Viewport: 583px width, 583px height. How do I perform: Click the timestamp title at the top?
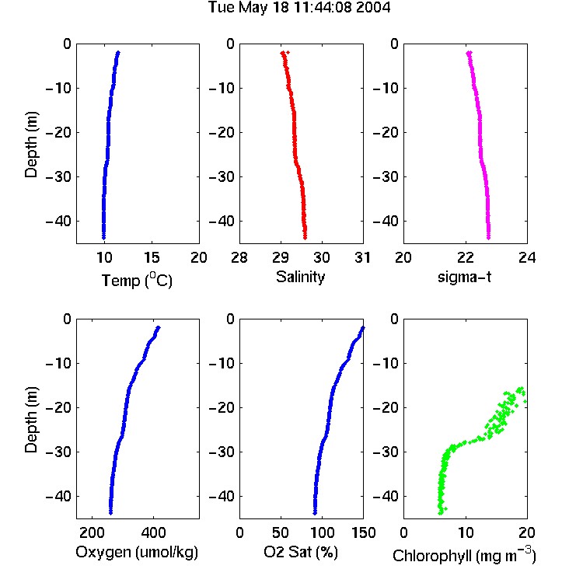click(x=299, y=7)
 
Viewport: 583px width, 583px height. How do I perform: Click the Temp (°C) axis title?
click(x=137, y=280)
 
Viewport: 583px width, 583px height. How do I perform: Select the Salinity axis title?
click(x=300, y=277)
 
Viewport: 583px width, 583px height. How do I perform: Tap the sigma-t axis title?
click(x=464, y=277)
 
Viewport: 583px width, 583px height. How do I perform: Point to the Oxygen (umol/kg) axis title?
click(x=137, y=552)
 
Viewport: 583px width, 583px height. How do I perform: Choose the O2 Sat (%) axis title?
click(x=300, y=552)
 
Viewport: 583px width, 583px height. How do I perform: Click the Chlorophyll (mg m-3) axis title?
click(x=464, y=555)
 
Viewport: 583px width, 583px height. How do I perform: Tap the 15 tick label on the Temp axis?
click(x=152, y=257)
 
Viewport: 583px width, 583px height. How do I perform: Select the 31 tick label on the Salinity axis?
click(x=362, y=257)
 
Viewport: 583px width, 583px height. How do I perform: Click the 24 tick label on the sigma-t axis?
click(x=527, y=257)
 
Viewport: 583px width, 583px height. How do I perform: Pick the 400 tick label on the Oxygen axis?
click(x=154, y=532)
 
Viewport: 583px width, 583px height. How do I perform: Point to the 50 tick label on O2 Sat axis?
click(x=281, y=532)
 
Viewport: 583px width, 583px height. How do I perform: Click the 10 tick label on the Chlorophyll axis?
click(x=466, y=532)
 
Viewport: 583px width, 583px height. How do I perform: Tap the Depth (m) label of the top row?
click(x=31, y=145)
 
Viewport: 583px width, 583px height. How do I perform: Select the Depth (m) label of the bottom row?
click(x=31, y=420)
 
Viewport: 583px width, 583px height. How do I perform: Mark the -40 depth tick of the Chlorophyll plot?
click(x=386, y=496)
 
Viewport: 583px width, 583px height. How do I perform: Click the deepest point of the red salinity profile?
click(x=305, y=238)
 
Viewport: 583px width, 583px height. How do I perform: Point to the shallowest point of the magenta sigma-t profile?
click(x=470, y=53)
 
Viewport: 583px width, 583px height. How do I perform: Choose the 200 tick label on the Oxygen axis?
click(x=92, y=532)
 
